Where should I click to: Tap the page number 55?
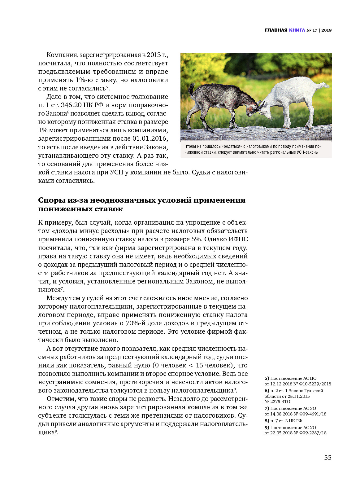tap(327, 458)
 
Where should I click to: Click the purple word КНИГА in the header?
tap(297, 30)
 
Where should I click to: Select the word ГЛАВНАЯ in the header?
tap(276, 30)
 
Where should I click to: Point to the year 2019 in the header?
tap(326, 30)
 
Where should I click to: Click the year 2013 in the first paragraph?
tap(154, 55)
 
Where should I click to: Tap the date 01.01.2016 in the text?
tap(150, 138)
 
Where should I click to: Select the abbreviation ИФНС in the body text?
tap(238, 239)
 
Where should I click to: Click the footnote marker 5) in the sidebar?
tap(267, 378)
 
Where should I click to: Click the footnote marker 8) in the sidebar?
tap(267, 421)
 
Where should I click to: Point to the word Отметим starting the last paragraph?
tap(59, 399)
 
